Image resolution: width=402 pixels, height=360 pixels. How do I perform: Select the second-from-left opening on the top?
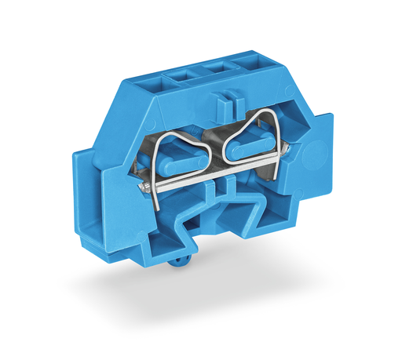coord(181,76)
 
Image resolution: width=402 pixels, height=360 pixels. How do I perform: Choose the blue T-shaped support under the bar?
coord(228,188)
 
